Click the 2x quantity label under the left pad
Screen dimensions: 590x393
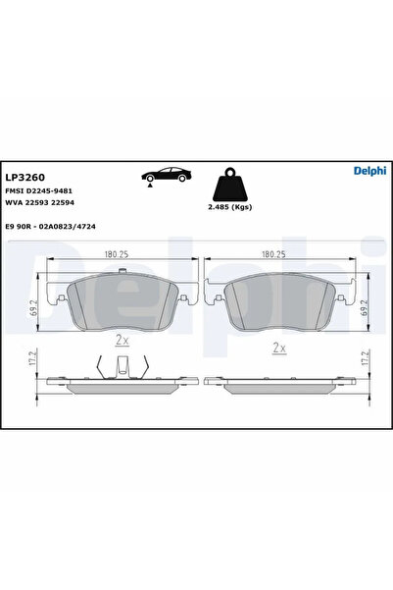pos(122,341)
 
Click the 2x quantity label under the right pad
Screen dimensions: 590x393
pos(279,347)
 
